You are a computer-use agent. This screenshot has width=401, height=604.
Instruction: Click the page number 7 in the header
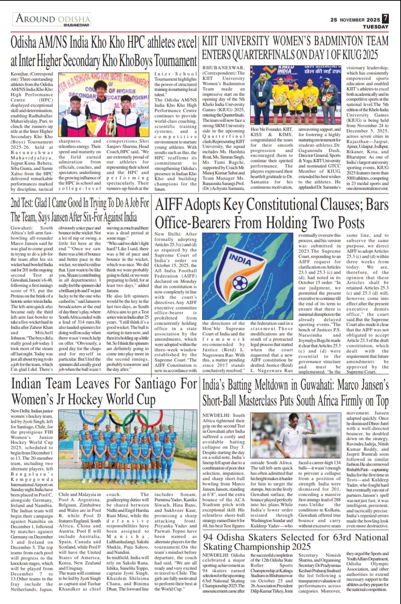click(385, 19)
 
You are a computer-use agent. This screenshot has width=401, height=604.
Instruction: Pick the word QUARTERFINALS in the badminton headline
click(255, 54)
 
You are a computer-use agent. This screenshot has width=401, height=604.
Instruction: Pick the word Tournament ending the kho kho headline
click(167, 61)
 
